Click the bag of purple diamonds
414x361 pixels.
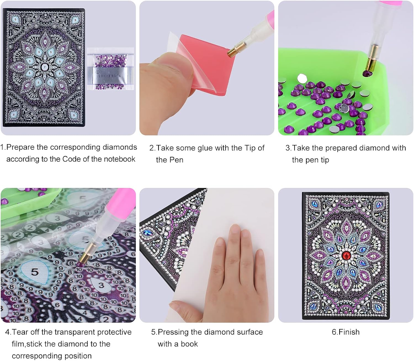(x=110, y=69)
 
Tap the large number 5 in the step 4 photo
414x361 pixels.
(x=35, y=272)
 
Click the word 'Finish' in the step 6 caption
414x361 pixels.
(x=349, y=332)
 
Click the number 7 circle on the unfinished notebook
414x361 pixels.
(x=45, y=67)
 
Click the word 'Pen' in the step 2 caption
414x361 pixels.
(x=176, y=160)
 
